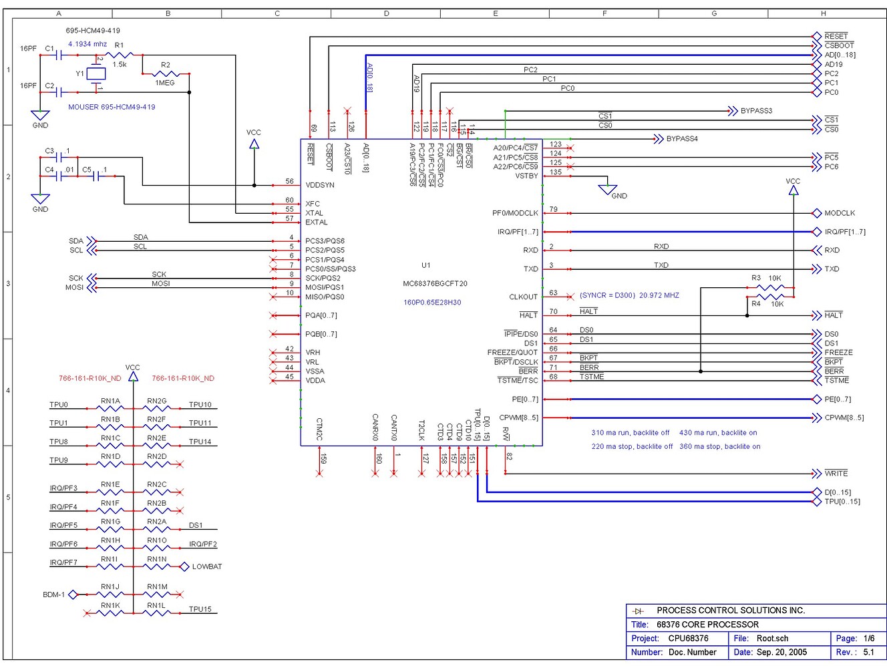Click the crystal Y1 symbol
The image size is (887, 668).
[x=96, y=73]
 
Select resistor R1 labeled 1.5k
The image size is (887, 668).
[x=120, y=55]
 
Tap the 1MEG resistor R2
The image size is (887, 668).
[x=165, y=73]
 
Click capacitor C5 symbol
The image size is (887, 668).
[x=97, y=176]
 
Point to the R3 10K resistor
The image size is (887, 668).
[x=770, y=288]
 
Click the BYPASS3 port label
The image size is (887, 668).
[x=755, y=111]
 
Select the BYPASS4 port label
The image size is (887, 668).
[x=681, y=139]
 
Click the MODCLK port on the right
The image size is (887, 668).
[x=839, y=213]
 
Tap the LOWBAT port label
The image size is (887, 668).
[x=206, y=566]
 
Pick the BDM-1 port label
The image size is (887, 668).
[x=53, y=595]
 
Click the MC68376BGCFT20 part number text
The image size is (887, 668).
[x=435, y=284]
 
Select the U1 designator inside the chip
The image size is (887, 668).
[x=425, y=265]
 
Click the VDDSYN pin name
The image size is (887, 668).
[x=319, y=185]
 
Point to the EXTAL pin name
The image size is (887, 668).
[x=316, y=222]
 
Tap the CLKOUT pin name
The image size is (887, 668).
[x=523, y=297]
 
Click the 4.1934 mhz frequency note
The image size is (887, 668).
[x=87, y=44]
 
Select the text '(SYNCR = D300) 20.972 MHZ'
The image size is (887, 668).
[x=629, y=295]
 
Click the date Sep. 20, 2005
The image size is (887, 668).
[x=781, y=652]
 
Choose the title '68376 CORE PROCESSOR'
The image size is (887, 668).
[x=707, y=625]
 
